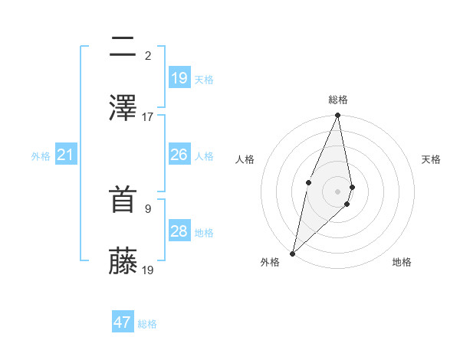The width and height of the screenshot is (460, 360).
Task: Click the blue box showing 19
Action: (179, 77)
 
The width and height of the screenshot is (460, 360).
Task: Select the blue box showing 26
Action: (179, 155)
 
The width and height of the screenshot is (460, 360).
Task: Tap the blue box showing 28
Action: (179, 231)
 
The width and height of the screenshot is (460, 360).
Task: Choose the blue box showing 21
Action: (66, 155)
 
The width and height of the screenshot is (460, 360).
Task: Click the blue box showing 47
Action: (123, 322)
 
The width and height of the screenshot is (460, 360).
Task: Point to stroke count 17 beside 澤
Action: (148, 116)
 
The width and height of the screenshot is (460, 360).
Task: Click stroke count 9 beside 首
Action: (148, 208)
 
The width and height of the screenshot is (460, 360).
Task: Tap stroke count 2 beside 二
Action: (148, 55)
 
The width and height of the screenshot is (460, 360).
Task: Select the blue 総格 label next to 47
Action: (148, 324)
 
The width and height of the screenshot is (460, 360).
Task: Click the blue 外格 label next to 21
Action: (41, 156)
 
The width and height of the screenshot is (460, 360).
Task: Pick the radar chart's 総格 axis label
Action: (338, 100)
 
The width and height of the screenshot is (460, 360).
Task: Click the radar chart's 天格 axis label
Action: (431, 159)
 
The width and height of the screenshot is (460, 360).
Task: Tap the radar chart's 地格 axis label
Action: (402, 262)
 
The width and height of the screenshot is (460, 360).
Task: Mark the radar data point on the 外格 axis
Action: (292, 253)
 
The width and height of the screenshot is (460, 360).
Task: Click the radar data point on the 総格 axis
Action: (338, 116)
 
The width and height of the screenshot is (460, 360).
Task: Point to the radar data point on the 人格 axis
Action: (308, 182)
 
